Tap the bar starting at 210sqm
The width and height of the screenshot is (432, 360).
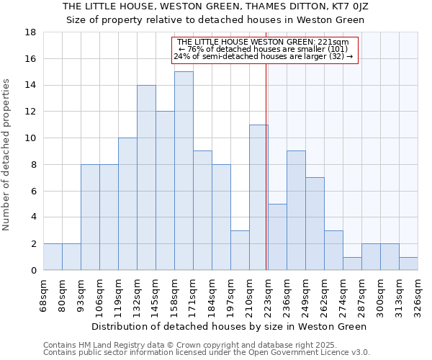coord(258,197)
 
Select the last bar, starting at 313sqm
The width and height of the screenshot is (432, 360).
coord(408,264)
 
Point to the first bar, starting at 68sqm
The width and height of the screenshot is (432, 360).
coord(53,256)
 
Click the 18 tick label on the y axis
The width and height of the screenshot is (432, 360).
coord(30,32)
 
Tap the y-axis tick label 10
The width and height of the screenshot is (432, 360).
coord(30,138)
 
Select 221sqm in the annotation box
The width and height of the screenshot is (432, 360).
coord(333,42)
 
